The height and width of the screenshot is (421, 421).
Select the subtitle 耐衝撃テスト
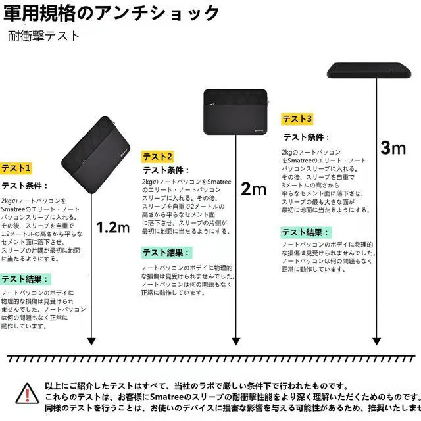(45, 36)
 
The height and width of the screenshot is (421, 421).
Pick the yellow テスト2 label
(158, 157)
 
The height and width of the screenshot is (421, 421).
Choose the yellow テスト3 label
(297, 119)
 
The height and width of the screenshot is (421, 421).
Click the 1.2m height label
(113, 228)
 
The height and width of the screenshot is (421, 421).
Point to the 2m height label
(254, 189)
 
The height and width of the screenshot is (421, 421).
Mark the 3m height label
(393, 147)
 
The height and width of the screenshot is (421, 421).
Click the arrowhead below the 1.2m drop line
(91, 341)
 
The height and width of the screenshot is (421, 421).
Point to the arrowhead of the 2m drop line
(235, 341)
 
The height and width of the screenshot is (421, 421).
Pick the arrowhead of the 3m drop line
(376, 341)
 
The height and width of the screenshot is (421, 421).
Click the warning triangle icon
(26, 393)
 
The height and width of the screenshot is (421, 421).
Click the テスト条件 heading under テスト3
(306, 137)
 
